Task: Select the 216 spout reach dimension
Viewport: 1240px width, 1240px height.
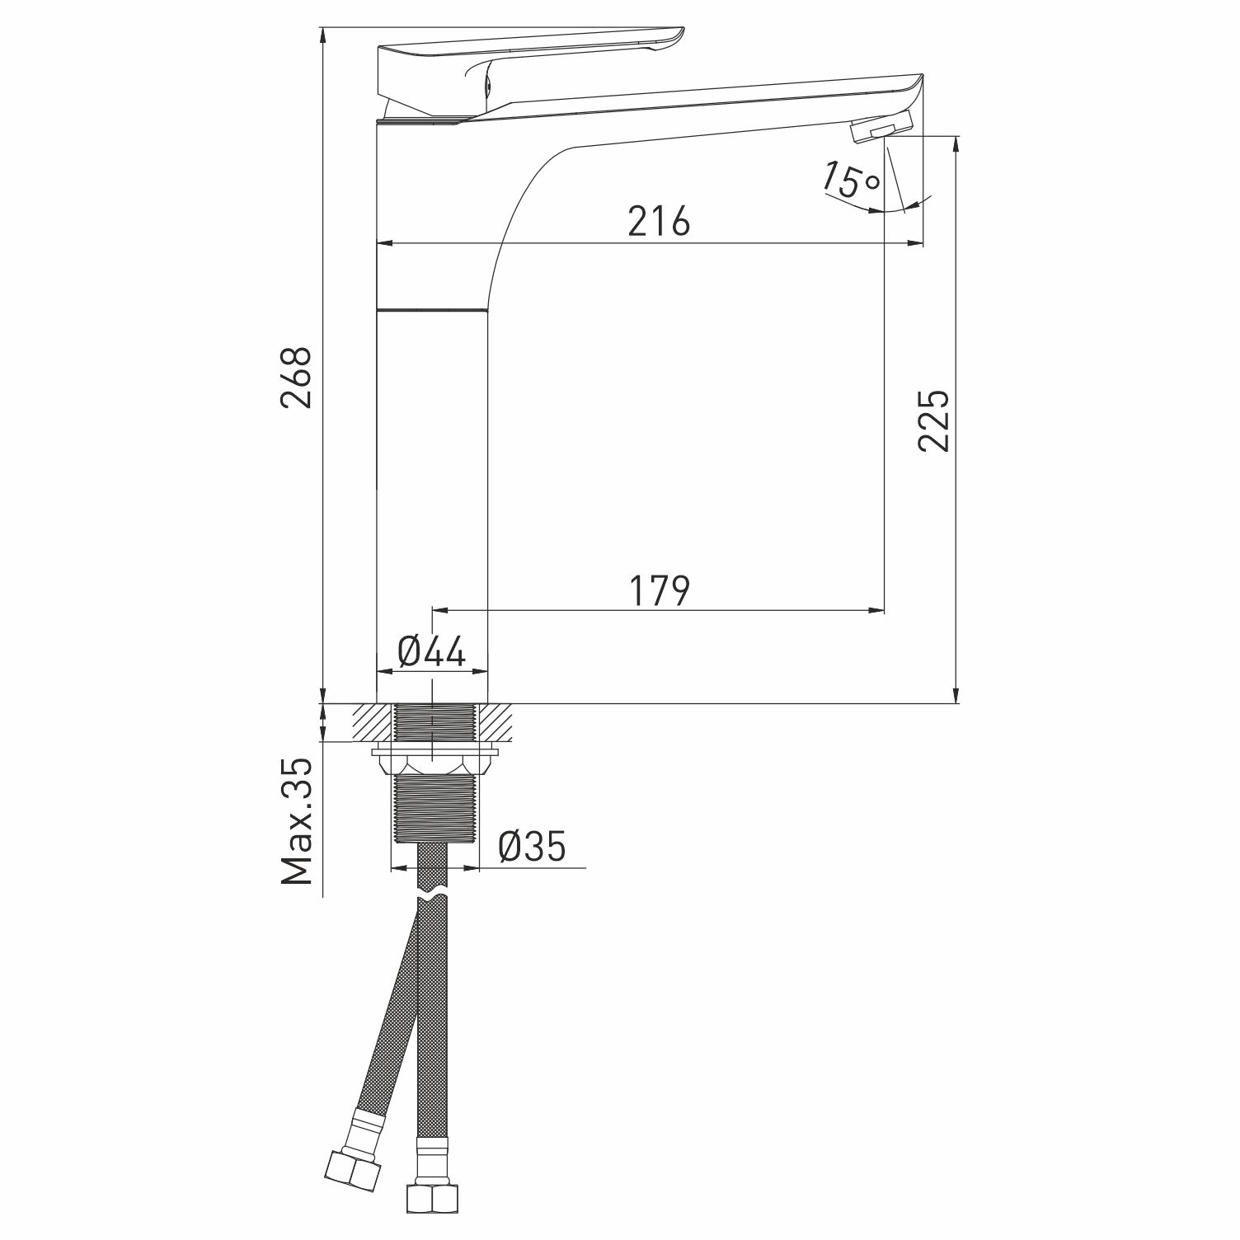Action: click(659, 222)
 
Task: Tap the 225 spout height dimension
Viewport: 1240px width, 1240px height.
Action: click(934, 420)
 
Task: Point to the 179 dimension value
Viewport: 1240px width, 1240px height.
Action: click(659, 590)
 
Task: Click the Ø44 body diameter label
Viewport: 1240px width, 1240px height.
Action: click(432, 652)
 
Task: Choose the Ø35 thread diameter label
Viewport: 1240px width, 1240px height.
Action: click(533, 847)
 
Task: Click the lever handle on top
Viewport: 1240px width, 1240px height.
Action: click(528, 62)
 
